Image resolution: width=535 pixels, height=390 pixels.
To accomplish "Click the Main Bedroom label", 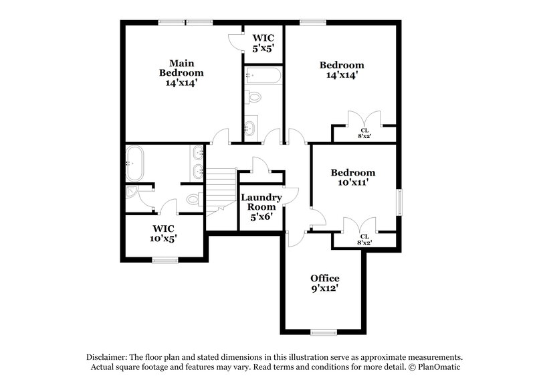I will pos(181,72).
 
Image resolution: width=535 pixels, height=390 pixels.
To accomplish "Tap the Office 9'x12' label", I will pos(324,283).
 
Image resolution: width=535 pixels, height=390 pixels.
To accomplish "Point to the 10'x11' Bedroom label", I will pos(352,178).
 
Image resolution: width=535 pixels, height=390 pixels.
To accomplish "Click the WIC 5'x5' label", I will pos(262,44).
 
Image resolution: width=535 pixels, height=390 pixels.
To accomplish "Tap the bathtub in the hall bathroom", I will pos(262,75).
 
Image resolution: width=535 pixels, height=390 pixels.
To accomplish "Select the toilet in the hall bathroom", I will pos(253,98).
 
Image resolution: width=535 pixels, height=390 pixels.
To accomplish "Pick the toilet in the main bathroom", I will pos(193,199).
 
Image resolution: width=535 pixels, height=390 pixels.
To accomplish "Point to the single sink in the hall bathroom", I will pos(249,127).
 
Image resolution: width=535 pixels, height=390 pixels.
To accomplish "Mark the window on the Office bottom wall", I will pos(324,332).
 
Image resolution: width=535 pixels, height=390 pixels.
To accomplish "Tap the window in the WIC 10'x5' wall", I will pos(164,260).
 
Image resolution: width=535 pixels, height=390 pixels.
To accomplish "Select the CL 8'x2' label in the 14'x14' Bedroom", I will pos(364,133).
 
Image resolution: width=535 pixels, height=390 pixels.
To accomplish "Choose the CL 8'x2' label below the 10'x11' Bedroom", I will pos(364,239).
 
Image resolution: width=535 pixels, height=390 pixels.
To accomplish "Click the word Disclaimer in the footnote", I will pos(107,357).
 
